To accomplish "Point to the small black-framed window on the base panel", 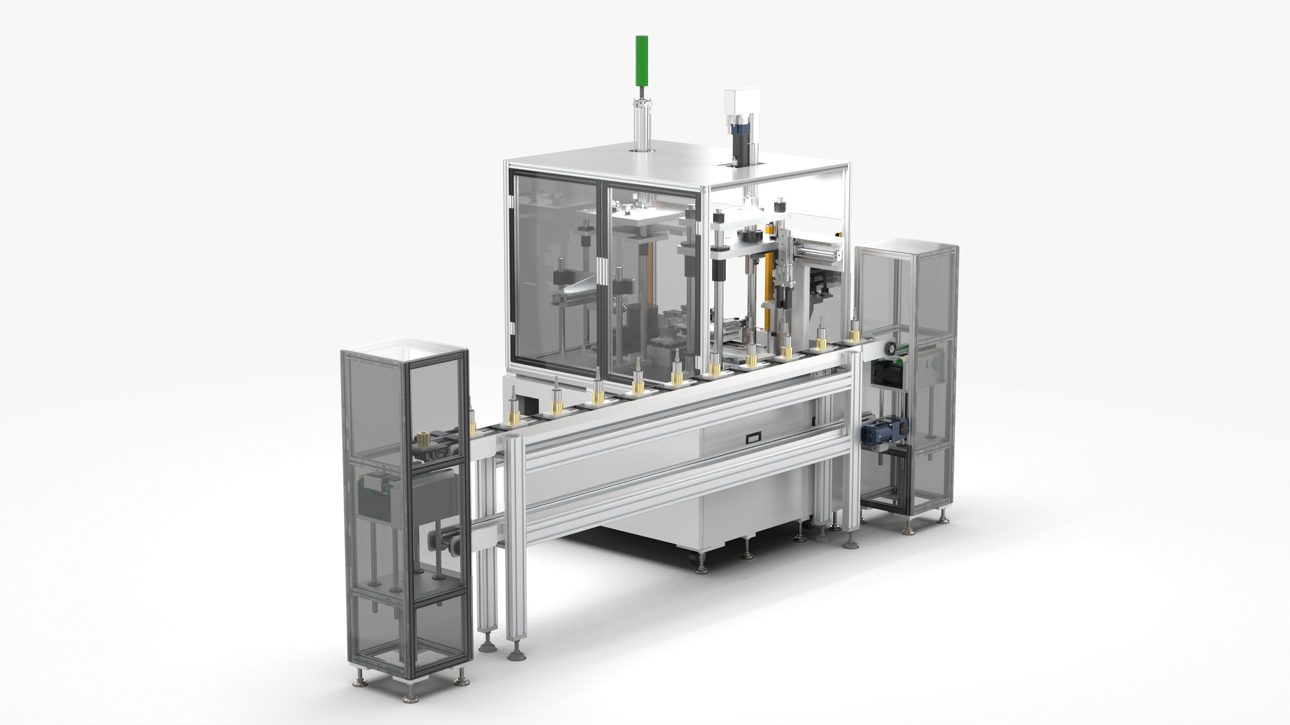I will (x=752, y=437).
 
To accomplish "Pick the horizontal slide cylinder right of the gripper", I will (x=969, y=254).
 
